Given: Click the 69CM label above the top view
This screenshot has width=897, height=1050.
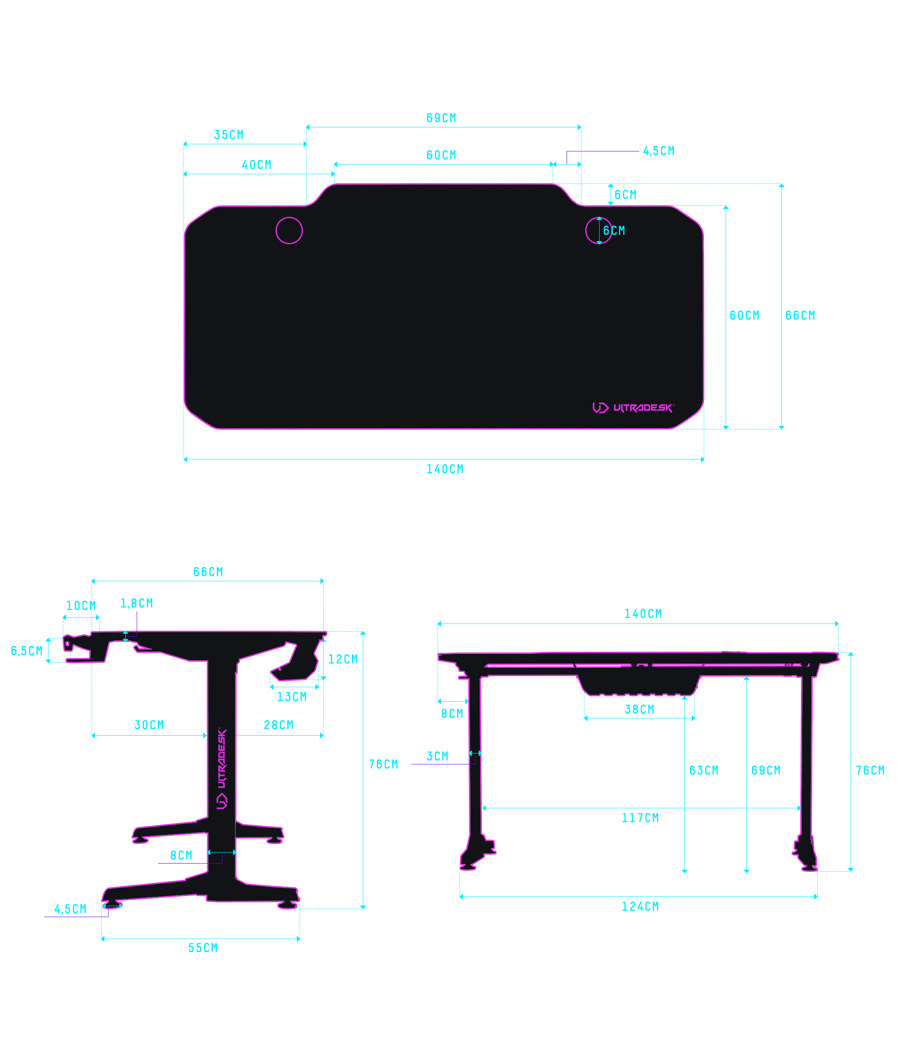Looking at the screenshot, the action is point(441,118).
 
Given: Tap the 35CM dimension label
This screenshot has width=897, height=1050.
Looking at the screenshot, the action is point(229,135).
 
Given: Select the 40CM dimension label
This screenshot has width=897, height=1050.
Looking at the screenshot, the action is point(257,165).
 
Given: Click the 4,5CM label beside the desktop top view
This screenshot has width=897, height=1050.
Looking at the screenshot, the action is point(659,151).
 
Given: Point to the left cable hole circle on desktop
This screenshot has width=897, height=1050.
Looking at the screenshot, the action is point(289,231).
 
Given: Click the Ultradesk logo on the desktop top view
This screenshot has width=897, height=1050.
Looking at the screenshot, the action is point(633,408).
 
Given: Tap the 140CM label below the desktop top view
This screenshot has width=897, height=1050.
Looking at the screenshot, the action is point(445,469).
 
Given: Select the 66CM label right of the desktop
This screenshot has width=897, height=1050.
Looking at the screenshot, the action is point(800,316).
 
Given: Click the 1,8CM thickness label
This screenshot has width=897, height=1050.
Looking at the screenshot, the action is point(136,604).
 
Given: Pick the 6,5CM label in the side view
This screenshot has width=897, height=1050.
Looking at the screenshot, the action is point(27,651).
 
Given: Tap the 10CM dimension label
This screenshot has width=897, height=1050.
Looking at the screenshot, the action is point(81,606).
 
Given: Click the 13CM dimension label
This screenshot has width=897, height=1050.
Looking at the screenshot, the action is point(292,697).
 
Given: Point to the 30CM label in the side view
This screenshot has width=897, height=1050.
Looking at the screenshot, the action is point(149,725).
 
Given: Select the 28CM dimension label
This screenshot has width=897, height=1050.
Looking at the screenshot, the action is point(279,725).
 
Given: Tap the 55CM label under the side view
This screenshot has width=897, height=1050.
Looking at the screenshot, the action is point(203,948).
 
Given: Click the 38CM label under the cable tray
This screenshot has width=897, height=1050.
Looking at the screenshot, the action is point(640,710).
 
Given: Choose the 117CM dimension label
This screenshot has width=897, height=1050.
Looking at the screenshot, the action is point(640,818).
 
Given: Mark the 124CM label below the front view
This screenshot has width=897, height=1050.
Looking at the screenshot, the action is point(640,907).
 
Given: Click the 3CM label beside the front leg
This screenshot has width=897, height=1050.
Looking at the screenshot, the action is point(438,756).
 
